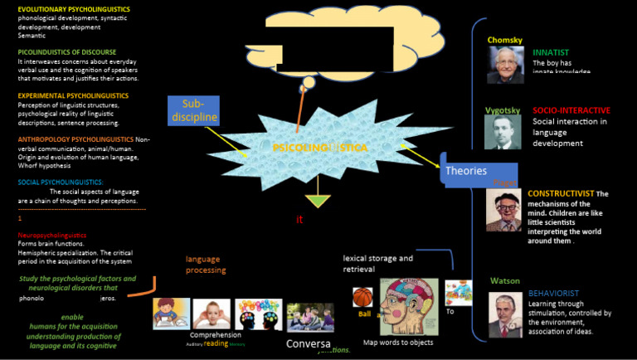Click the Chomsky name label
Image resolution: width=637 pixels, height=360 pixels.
506,39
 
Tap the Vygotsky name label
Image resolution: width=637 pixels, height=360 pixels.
503,109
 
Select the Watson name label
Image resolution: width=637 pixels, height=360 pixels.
505,280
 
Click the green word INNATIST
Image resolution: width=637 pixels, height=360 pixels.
550,51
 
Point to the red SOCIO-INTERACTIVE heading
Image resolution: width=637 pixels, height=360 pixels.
571,109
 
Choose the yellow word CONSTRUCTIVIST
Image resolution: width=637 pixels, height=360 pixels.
561,193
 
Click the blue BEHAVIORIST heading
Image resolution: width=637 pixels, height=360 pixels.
553,293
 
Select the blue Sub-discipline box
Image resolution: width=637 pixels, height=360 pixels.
193,110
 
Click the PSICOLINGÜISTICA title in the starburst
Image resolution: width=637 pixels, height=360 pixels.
320,147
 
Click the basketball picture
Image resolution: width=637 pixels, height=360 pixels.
362,297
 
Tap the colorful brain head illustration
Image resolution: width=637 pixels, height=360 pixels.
409,306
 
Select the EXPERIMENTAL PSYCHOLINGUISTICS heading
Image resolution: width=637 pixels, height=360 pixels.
73,95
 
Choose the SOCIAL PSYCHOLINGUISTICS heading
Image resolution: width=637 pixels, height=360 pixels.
61,182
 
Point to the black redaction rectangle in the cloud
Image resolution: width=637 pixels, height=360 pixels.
330,46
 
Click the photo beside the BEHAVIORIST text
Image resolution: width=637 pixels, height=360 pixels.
505,314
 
